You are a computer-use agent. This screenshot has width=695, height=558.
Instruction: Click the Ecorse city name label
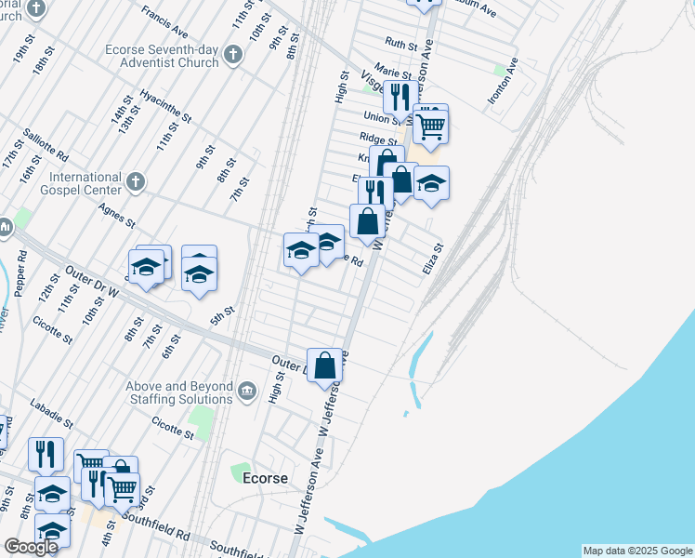tap(265, 478)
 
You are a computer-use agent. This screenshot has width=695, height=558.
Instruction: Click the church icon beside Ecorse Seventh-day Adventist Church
tap(233, 56)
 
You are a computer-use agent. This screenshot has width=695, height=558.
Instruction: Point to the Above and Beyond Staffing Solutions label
tap(180, 392)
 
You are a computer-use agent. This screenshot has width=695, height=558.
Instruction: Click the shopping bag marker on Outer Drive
tap(325, 365)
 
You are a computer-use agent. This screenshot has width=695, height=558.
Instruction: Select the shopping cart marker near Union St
tap(430, 126)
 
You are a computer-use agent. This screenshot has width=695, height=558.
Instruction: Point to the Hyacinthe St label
tap(164, 107)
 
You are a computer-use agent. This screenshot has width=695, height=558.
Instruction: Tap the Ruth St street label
tap(400, 44)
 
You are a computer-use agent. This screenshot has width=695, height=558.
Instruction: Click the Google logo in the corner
tap(30, 546)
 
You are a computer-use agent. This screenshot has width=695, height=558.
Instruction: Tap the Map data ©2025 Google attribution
tap(637, 551)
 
